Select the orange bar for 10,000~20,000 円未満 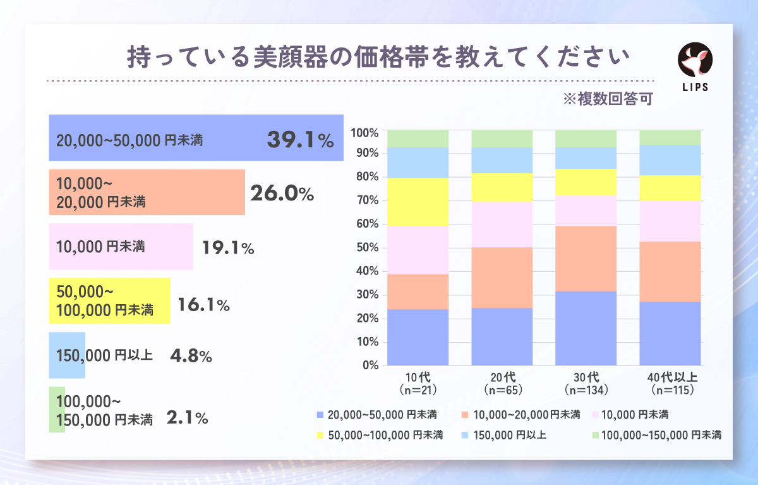coord(147,192)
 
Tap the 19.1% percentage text coord(228,249)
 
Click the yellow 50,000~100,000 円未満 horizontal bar coord(109,301)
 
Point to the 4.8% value coord(191,356)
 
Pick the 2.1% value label coord(188,417)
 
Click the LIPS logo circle coord(695,60)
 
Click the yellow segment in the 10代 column coord(418,202)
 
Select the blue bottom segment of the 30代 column coord(586,328)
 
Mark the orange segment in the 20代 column coord(502,278)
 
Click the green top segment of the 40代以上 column coord(670,137)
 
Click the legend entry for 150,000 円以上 coord(505,435)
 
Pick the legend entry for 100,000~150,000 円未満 coord(656,435)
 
